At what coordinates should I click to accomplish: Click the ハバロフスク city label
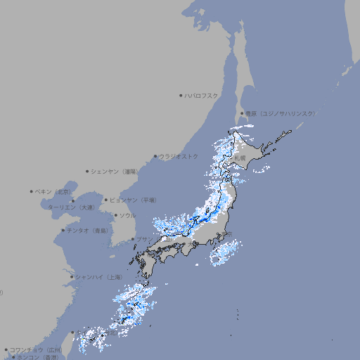(202, 95)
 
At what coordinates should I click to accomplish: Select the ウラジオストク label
(179, 156)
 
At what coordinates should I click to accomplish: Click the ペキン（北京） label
(53, 191)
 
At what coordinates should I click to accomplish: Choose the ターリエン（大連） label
(70, 207)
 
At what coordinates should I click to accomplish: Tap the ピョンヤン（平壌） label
(134, 200)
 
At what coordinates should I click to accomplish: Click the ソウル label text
(127, 215)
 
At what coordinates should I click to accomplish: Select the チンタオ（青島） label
(87, 230)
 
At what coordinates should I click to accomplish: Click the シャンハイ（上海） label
(98, 276)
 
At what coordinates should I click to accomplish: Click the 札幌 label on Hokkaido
(241, 158)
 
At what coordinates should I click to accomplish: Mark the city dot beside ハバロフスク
(181, 95)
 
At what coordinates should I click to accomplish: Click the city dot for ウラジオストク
(155, 156)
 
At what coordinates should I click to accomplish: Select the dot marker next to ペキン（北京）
(31, 191)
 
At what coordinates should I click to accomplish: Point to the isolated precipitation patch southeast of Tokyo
(224, 254)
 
